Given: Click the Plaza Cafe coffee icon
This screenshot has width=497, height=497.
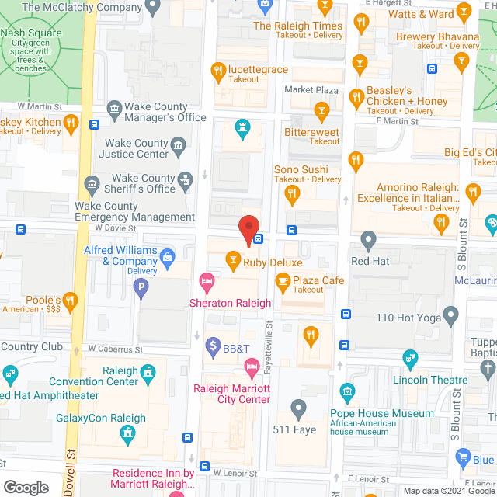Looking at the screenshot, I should point(283,280).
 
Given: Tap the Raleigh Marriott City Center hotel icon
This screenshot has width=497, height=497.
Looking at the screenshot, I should point(252,366).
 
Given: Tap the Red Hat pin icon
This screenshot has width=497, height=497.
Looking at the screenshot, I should point(369,238).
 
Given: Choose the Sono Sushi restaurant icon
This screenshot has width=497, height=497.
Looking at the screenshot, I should point(356,162).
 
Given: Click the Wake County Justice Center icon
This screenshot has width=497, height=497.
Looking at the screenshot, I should point(178,144).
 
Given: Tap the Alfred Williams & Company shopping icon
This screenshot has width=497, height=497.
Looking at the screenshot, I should point(166,255).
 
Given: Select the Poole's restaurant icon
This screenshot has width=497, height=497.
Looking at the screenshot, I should point(71,300).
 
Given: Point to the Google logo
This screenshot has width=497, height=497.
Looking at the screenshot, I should point(26,488).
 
